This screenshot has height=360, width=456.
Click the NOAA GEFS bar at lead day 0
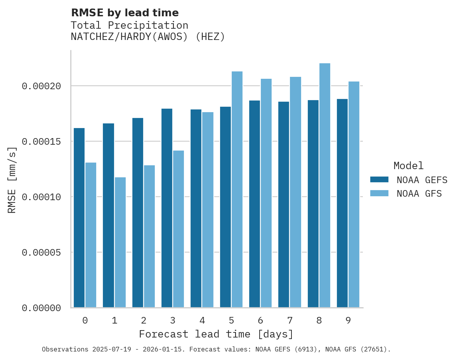click(79, 218)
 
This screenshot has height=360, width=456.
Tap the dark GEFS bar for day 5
click(225, 207)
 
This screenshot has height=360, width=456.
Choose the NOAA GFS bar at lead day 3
click(179, 229)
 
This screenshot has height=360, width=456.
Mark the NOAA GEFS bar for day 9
click(342, 203)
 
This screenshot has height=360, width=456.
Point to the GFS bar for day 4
click(208, 210)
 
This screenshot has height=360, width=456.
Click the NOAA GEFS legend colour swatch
click(379, 179)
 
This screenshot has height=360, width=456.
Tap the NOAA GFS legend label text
click(419, 194)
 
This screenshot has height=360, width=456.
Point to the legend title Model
click(408, 166)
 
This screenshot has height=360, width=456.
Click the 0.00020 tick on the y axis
click(42, 86)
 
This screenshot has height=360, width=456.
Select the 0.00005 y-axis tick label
click(42, 253)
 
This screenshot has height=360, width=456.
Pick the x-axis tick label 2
click(144, 320)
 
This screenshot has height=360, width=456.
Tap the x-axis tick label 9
click(348, 320)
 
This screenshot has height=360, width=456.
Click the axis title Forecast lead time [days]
click(216, 334)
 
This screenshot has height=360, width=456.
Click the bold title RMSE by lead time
click(125, 13)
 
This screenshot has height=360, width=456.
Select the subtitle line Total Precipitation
click(129, 25)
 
